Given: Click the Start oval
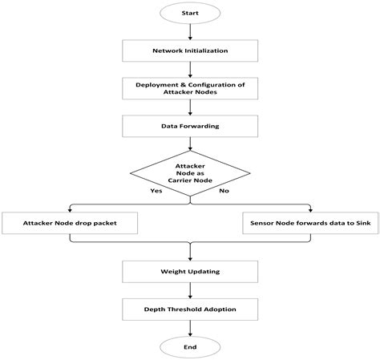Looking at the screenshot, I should [x=190, y=14].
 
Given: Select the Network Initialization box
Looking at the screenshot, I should [x=190, y=51].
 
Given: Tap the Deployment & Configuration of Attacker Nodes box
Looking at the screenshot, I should [x=190, y=87].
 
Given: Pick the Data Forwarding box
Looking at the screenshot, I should [x=190, y=126].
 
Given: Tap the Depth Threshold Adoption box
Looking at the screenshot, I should [x=190, y=309].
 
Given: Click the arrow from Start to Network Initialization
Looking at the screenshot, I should [x=190, y=32].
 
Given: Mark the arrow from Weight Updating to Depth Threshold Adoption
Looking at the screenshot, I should [x=190, y=291].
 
